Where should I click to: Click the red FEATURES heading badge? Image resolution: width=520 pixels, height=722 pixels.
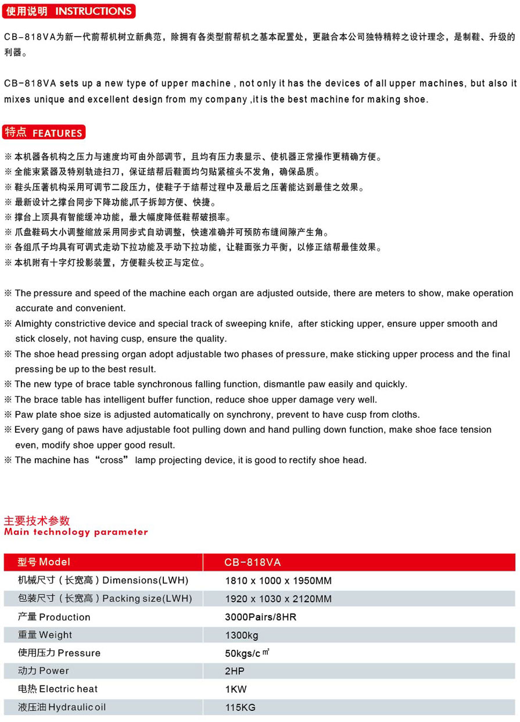pyautogui.click(x=44, y=132)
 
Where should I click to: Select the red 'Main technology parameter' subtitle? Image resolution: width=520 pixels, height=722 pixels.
pyautogui.click(x=76, y=532)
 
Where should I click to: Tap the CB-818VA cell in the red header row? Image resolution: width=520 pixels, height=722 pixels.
pyautogui.click(x=252, y=562)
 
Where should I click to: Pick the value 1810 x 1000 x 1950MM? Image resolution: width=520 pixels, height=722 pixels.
pyautogui.click(x=278, y=580)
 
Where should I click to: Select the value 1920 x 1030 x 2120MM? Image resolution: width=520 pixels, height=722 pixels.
pyautogui.click(x=278, y=599)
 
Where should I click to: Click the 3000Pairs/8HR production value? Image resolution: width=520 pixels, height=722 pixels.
pyautogui.click(x=260, y=617)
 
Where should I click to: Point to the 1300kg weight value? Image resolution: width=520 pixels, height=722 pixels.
pyautogui.click(x=242, y=635)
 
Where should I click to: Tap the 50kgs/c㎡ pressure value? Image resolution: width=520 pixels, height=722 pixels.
pyautogui.click(x=247, y=653)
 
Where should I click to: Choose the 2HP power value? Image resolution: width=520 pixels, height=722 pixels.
pyautogui.click(x=235, y=671)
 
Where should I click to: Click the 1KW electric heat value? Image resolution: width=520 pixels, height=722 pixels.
pyautogui.click(x=236, y=689)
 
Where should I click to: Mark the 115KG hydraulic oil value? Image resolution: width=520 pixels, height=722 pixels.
pyautogui.click(x=240, y=707)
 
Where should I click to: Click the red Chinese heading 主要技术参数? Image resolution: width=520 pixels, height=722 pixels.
pyautogui.click(x=37, y=520)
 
